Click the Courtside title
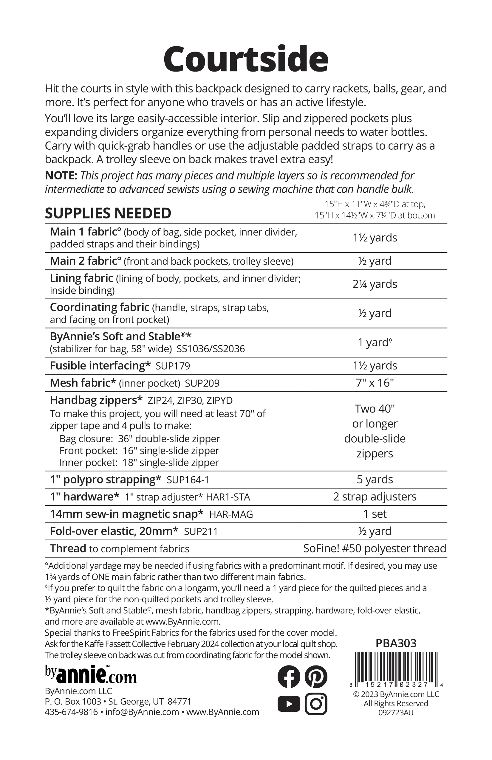(x=246, y=59)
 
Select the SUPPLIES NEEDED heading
(x=108, y=213)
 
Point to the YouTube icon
(x=289, y=704)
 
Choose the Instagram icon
(x=316, y=704)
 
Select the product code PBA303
(x=396, y=643)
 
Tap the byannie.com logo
(x=91, y=674)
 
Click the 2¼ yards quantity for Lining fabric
(x=375, y=284)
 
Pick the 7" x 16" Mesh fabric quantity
(x=375, y=383)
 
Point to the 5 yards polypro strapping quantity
(x=375, y=480)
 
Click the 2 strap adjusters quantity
(x=375, y=497)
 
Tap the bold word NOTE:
(x=61, y=176)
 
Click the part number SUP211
(x=201, y=532)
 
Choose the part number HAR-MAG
(x=231, y=514)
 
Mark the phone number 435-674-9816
(x=71, y=712)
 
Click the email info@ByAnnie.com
(x=142, y=712)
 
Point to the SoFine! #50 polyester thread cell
(x=375, y=549)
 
